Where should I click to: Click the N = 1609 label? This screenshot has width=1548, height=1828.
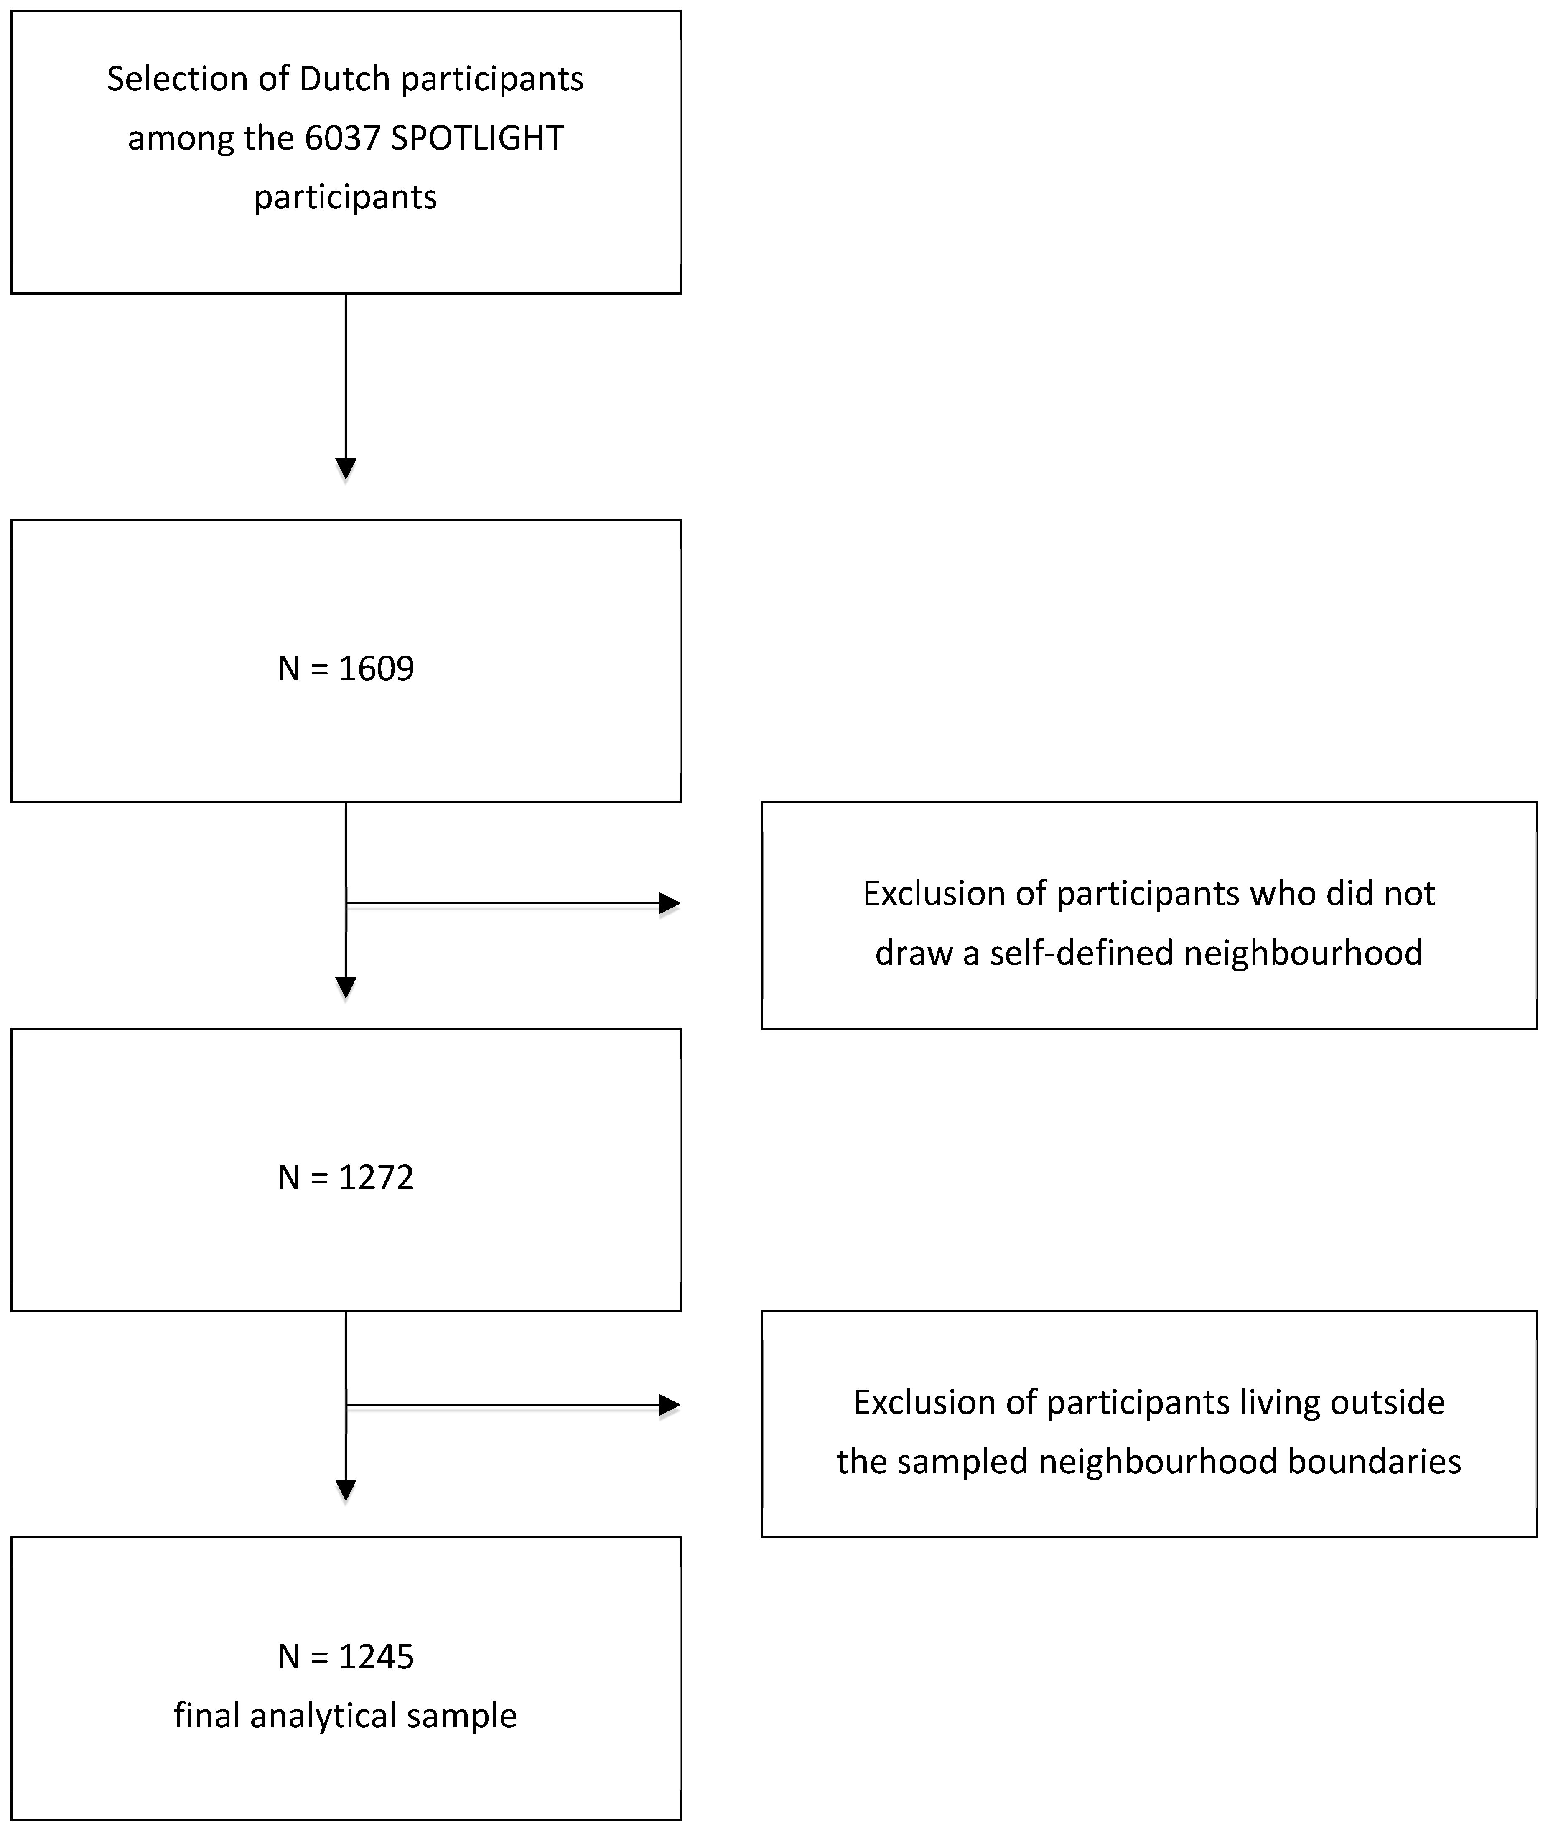[x=346, y=669]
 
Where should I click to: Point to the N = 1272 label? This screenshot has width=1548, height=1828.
[x=346, y=1177]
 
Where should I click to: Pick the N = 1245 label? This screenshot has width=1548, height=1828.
[x=346, y=1656]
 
